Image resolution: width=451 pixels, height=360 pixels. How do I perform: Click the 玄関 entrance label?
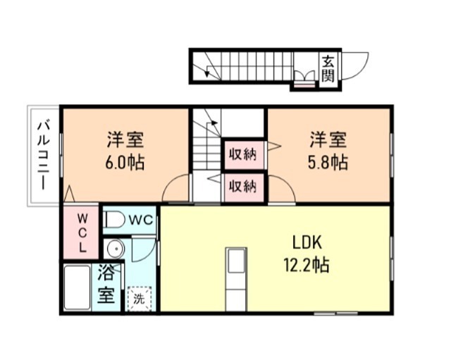328,68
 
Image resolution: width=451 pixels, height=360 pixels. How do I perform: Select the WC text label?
141,220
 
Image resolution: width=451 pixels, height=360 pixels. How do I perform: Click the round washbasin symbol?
114,249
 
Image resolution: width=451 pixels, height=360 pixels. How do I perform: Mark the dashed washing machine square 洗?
139,297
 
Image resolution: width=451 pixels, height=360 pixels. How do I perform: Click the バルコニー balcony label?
43,156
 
